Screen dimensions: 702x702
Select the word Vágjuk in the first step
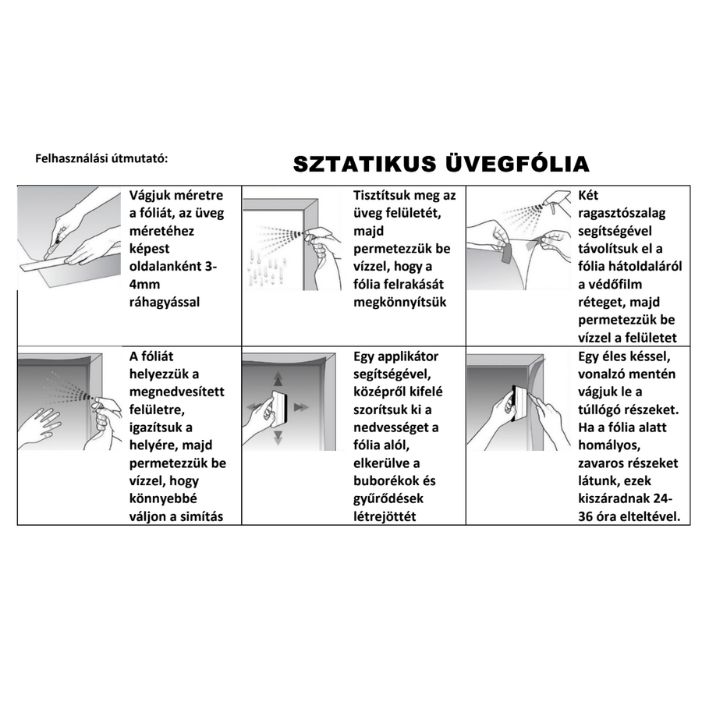pos(150,196)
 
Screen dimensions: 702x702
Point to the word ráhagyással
pos(164,301)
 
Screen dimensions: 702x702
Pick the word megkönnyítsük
pos(400,301)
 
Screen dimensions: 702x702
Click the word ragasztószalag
pos(622,213)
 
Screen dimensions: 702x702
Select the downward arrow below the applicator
pos(278,437)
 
